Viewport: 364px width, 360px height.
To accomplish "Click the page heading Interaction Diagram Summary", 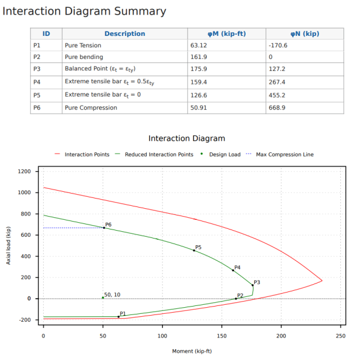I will [84, 11].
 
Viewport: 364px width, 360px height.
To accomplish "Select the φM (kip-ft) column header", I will [226, 34].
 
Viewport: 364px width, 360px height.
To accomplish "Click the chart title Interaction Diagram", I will [186, 138].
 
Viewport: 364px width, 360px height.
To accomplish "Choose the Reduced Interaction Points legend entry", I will [159, 155].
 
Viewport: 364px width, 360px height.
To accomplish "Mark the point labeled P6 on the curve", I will [104, 228].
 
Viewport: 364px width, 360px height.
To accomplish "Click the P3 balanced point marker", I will [253, 285].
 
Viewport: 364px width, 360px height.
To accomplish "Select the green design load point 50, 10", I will [103, 297].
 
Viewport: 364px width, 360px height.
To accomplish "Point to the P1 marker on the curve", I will [119, 316].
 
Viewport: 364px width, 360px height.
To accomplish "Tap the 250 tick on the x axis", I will [340, 335].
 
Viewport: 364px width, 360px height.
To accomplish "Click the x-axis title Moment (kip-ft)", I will [192, 351].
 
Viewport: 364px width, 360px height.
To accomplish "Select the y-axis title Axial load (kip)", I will [8, 245].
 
